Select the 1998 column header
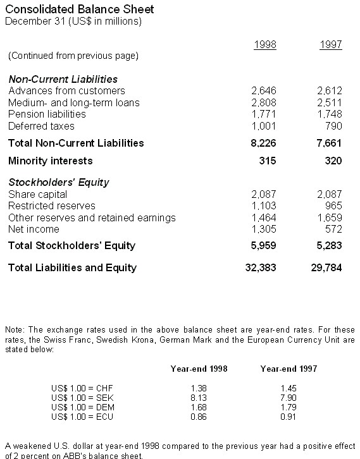[x=264, y=44]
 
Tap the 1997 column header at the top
[x=330, y=44]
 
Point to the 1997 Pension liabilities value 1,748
[x=329, y=114]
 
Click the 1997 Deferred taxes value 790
[x=333, y=126]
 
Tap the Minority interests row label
[x=50, y=161]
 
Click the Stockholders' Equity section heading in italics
[x=59, y=182]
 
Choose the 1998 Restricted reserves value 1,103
[x=263, y=205]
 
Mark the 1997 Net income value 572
[x=333, y=229]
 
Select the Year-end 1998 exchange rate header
[x=199, y=368]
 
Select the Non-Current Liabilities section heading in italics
[x=63, y=79]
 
